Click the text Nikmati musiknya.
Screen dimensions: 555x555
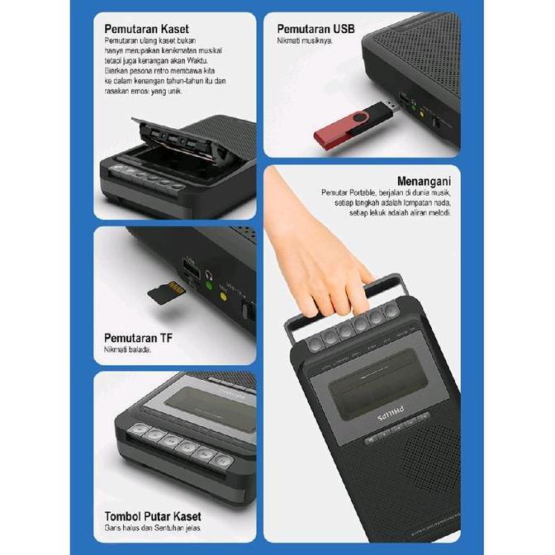coord(306,40)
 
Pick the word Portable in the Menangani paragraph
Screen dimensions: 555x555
coord(363,193)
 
